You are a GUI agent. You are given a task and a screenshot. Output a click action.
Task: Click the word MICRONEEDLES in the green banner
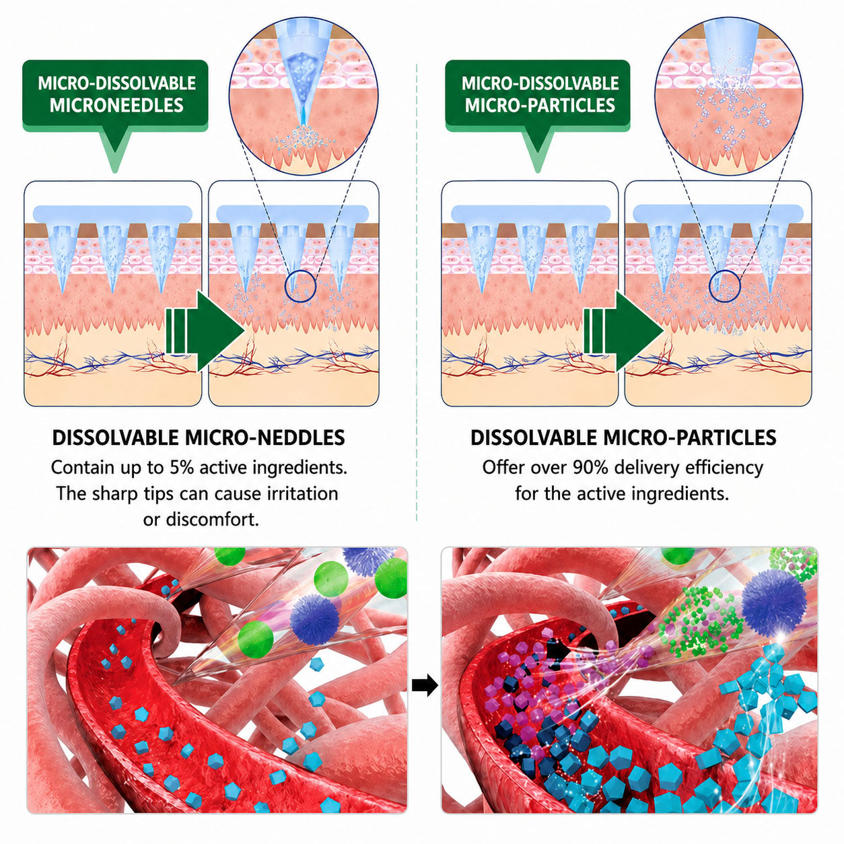pyautogui.click(x=116, y=106)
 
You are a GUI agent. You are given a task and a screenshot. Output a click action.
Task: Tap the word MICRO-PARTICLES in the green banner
pyautogui.click(x=540, y=106)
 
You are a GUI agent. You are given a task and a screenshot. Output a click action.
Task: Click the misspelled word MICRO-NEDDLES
pyautogui.click(x=265, y=438)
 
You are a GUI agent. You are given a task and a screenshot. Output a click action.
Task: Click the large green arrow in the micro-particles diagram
pyautogui.click(x=623, y=332)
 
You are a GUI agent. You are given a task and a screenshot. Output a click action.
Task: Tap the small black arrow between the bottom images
pyautogui.click(x=425, y=684)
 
